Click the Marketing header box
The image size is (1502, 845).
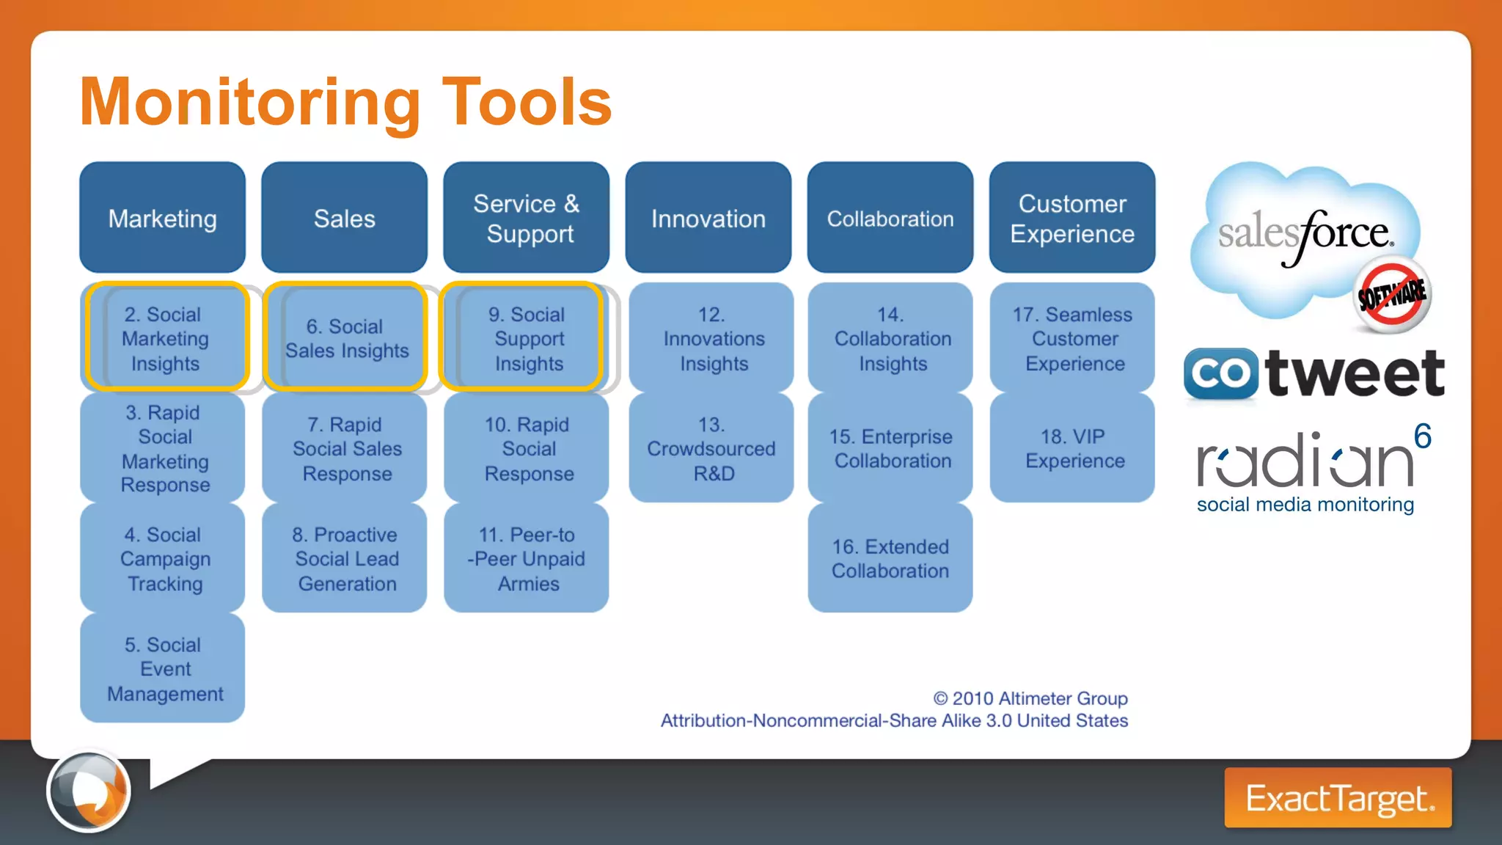coord(162,218)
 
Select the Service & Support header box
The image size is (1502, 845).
coord(526,218)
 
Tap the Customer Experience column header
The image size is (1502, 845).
coord(1071,218)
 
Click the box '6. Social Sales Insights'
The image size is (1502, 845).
coord(345,337)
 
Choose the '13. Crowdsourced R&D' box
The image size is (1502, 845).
coord(711,448)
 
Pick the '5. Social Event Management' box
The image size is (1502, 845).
coord(163,668)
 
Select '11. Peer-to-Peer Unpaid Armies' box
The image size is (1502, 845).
coord(526,558)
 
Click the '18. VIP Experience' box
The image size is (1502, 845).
coord(1071,448)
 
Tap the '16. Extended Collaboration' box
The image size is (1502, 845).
coord(890,558)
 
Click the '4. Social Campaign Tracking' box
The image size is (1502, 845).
coord(163,558)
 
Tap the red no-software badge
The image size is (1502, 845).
coord(1391,294)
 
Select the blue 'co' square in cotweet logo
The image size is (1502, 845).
coord(1220,373)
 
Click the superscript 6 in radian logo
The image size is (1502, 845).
coord(1422,436)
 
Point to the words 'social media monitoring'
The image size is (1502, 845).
coord(1305,505)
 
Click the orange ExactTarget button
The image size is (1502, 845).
coord(1338,798)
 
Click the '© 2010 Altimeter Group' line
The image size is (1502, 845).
coord(1030,698)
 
